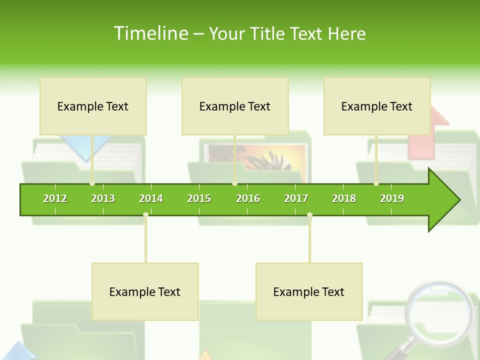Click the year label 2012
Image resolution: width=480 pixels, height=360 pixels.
coord(55,198)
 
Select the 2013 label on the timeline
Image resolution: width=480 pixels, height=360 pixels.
coord(103,198)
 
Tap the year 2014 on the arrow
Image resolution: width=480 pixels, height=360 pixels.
coord(151,198)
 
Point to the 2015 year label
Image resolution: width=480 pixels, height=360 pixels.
coord(199,198)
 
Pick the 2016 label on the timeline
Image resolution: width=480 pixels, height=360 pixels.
coord(248,198)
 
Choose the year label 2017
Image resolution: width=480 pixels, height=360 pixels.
coord(296,198)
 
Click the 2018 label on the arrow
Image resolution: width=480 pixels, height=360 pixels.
coord(344,198)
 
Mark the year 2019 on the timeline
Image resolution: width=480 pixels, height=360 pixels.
coord(392,198)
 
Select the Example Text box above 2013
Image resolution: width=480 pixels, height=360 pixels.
coord(93,106)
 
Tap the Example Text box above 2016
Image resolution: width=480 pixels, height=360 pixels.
coord(235,106)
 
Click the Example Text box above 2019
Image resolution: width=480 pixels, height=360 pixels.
coord(377,106)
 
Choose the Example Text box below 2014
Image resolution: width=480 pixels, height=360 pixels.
coord(145,291)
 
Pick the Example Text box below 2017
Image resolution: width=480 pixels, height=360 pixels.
coord(309,291)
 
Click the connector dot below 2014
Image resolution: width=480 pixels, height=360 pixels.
coord(145,215)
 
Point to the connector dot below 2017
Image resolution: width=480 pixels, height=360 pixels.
coord(309,215)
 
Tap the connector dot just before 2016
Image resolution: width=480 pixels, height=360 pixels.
coord(235,183)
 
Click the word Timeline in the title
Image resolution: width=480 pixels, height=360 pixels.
coord(150,33)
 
